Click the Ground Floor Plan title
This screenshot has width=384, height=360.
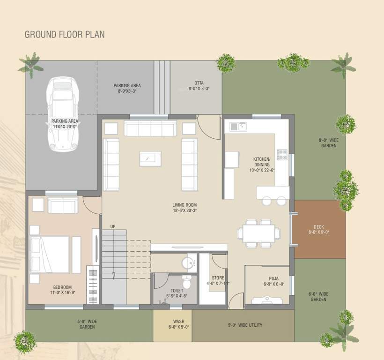[65, 34]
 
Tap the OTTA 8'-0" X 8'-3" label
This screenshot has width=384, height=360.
[199, 86]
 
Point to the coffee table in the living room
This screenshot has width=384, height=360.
[150, 158]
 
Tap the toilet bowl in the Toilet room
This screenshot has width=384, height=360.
[186, 283]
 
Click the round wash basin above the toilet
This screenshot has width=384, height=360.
[190, 263]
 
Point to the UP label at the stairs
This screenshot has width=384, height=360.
[113, 227]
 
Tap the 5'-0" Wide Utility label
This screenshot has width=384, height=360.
[245, 325]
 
